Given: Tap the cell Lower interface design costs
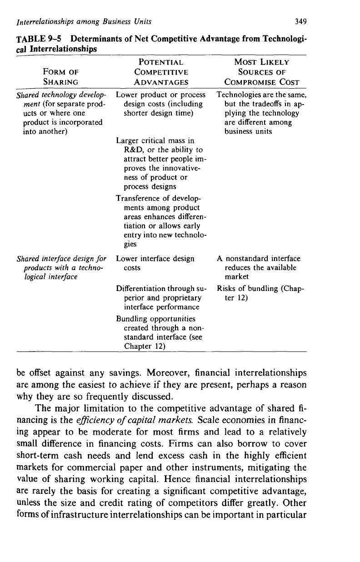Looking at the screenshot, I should pos(155,263).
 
